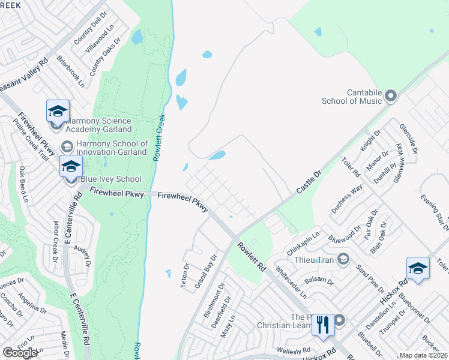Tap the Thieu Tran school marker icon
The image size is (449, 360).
pyautogui.click(x=343, y=259)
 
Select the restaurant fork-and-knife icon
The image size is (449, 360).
pyautogui.click(x=323, y=325)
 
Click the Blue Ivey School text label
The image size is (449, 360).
pyautogui.click(x=111, y=179)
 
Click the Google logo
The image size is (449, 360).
pyautogui.click(x=20, y=353)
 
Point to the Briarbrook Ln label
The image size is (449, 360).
pyautogui.click(x=71, y=71)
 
